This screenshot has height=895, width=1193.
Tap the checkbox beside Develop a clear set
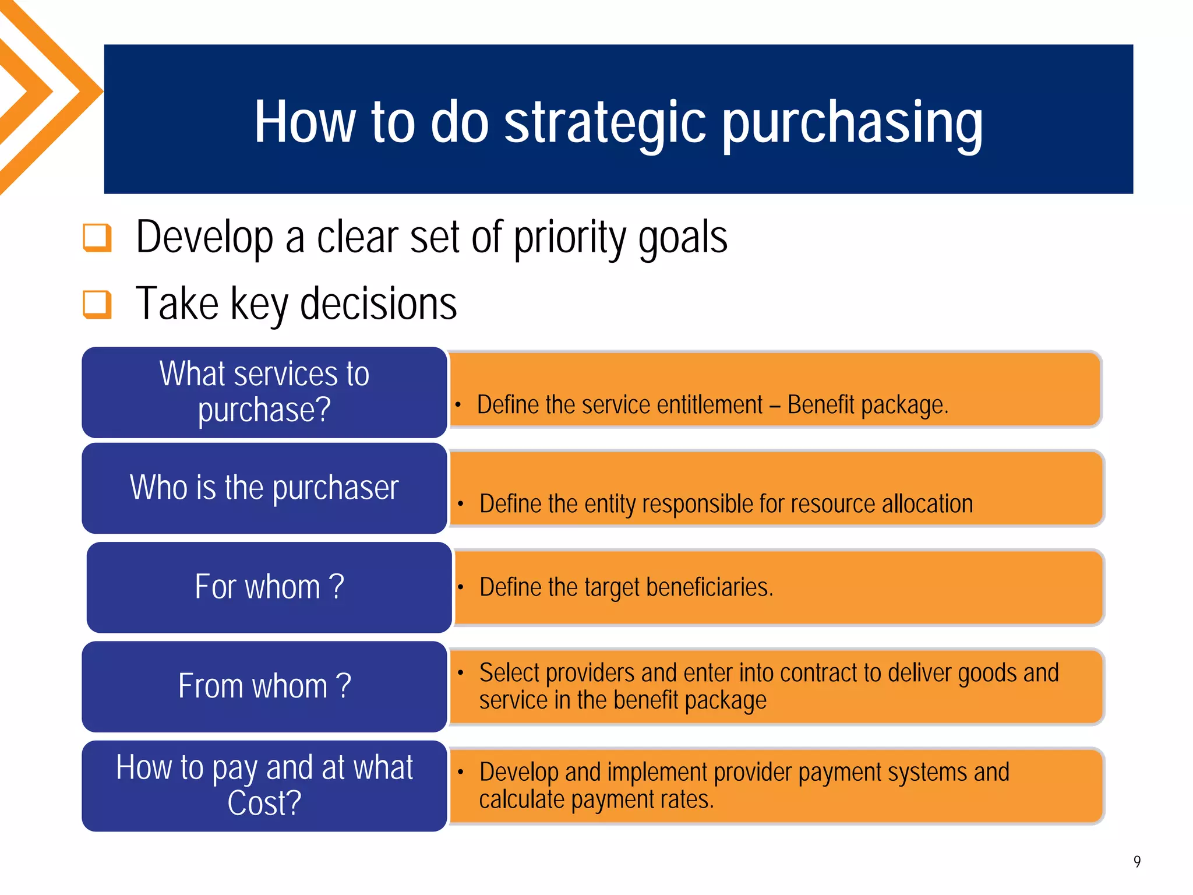point(97,238)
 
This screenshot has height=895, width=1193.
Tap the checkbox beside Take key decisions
point(97,304)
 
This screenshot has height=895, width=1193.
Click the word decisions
point(378,304)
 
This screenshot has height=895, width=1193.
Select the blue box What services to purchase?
point(264,392)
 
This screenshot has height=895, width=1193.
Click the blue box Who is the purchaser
point(264,488)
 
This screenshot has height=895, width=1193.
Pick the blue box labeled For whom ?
point(269,587)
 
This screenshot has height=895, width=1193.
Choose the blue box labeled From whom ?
point(264,686)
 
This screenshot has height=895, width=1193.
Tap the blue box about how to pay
point(264,785)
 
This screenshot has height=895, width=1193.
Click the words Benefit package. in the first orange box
point(867,405)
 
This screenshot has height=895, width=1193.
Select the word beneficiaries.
point(709,587)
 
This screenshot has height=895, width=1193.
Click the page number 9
point(1136,861)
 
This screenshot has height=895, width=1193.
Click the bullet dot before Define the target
point(460,587)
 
